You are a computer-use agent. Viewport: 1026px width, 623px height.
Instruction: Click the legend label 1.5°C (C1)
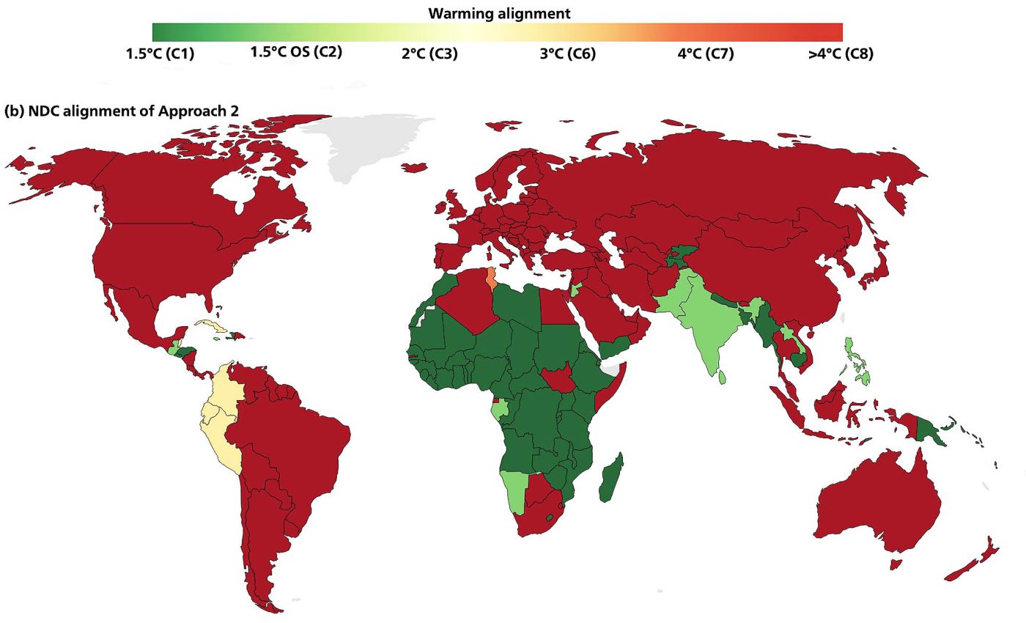pos(160,54)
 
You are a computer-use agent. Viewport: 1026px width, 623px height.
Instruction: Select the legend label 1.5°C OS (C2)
pos(296,52)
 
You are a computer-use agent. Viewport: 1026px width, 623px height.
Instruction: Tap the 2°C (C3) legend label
pos(429,54)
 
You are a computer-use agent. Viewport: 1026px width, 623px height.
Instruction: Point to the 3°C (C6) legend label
pos(567,54)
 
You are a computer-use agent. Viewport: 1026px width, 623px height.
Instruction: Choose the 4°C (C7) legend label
pos(706,54)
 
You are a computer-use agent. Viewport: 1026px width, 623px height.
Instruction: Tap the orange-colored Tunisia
pos(490,279)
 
